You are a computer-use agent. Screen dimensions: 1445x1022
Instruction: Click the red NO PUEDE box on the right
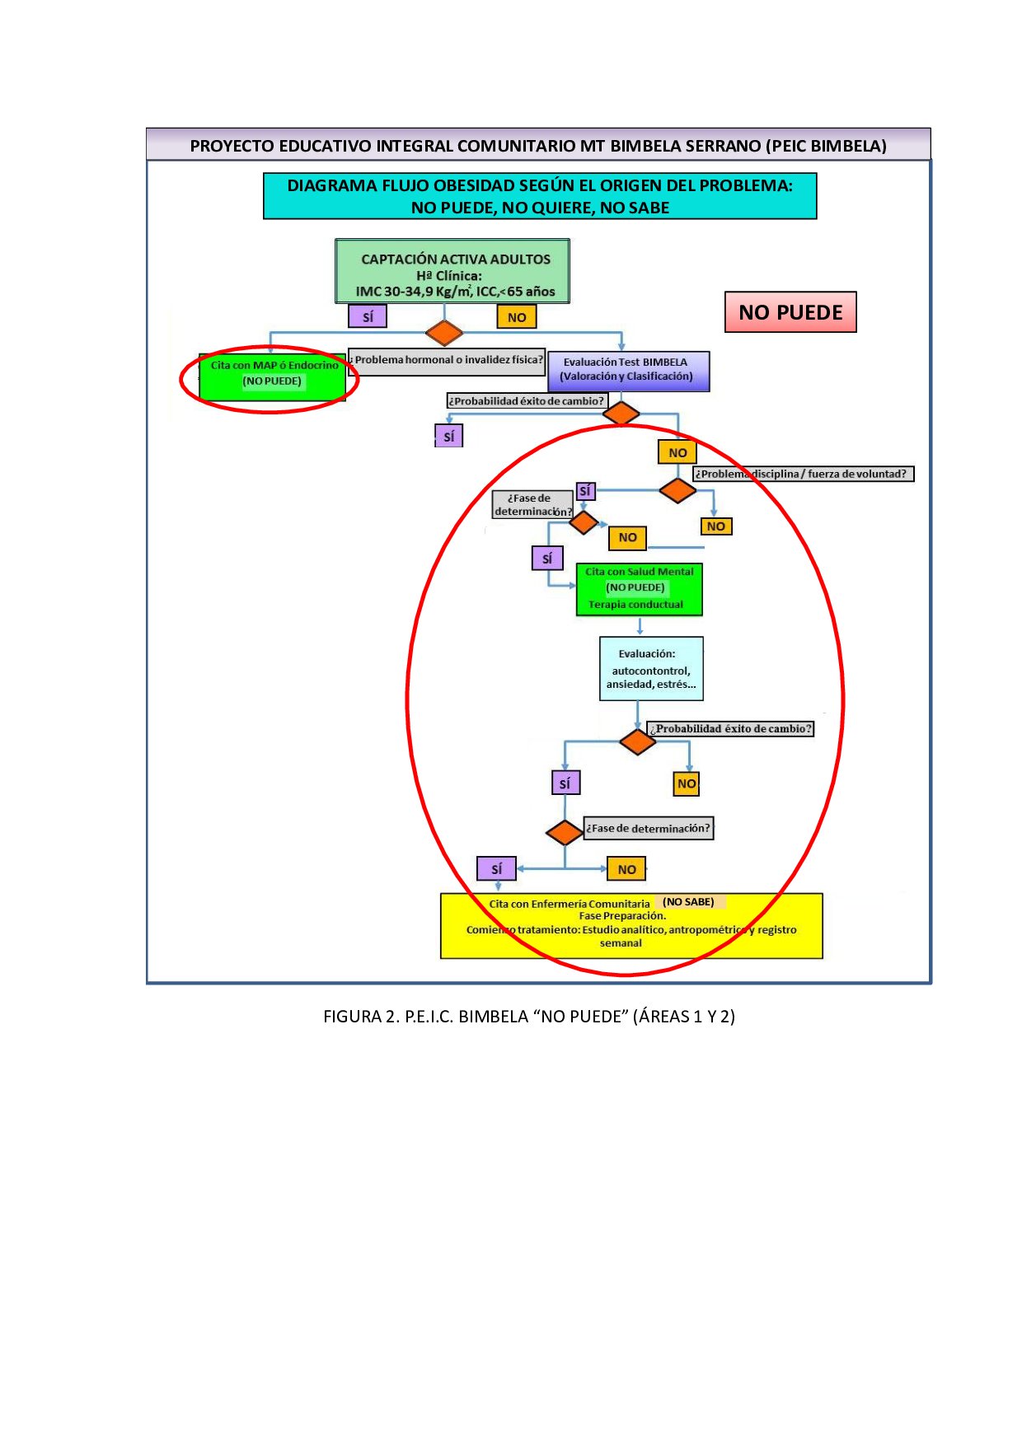[790, 312]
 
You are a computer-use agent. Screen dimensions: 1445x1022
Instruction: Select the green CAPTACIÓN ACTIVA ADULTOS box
[452, 272]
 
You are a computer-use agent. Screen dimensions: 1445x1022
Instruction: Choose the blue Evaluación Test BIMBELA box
[628, 370]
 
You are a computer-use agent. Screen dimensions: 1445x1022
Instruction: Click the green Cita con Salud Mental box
[639, 588]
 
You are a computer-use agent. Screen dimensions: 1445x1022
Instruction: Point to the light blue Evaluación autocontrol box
[651, 668]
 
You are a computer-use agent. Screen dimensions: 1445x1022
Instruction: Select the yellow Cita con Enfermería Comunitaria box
[631, 925]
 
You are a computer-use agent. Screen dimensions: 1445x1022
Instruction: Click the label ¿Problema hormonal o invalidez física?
[447, 360]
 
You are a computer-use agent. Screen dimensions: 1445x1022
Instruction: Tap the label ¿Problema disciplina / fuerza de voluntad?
[803, 474]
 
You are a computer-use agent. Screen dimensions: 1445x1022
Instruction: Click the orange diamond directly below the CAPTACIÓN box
[444, 333]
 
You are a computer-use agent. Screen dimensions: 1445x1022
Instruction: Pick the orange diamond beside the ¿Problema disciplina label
[677, 490]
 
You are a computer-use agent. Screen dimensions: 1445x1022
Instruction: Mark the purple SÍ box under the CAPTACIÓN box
[368, 316]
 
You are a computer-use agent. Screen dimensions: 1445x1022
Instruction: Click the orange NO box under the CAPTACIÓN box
[517, 317]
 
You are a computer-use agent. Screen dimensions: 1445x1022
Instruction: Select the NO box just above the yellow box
[626, 869]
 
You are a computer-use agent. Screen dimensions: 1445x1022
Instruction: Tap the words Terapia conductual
[635, 605]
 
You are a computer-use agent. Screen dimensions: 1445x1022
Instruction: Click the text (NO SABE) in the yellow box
[688, 902]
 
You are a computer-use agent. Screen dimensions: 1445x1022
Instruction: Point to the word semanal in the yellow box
[621, 943]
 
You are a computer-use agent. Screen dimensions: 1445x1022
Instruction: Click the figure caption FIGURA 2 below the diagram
[528, 1017]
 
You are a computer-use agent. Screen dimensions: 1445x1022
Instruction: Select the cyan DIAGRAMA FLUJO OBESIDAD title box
[540, 196]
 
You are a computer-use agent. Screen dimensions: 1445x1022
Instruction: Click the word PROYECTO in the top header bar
[232, 147]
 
